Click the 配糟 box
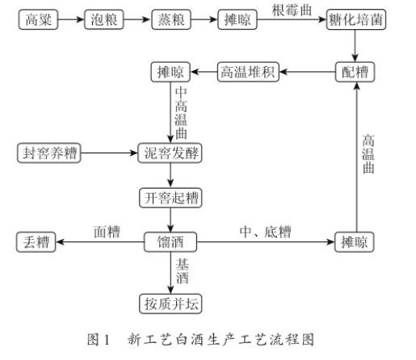[x=355, y=73]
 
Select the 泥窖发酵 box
[x=170, y=153]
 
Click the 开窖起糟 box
[x=170, y=196]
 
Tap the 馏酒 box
[x=170, y=241]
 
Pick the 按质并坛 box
[x=170, y=303]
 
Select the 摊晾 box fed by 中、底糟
[x=355, y=241]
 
